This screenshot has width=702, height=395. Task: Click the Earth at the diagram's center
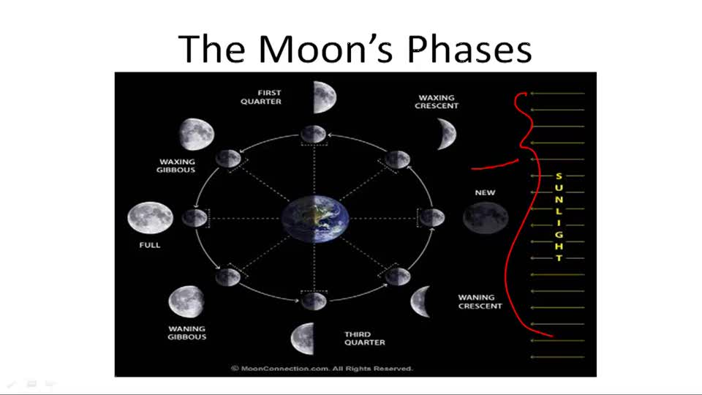pyautogui.click(x=315, y=217)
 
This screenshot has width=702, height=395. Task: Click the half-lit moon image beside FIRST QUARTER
pyautogui.click(x=324, y=97)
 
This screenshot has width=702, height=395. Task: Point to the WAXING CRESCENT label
pyautogui.click(x=438, y=102)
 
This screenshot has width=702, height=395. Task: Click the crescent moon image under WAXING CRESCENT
pyautogui.click(x=446, y=133)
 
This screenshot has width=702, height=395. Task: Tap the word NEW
pyautogui.click(x=485, y=193)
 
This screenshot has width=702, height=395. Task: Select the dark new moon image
pyautogui.click(x=486, y=217)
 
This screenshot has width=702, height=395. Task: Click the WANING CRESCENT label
pyautogui.click(x=480, y=301)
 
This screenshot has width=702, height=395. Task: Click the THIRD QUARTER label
pyautogui.click(x=364, y=338)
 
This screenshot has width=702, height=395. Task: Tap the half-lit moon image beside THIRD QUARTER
pyautogui.click(x=303, y=338)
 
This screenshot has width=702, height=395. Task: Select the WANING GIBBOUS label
pyautogui.click(x=187, y=333)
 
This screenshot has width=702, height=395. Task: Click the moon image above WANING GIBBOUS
pyautogui.click(x=186, y=301)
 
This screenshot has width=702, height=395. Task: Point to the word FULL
pyautogui.click(x=150, y=245)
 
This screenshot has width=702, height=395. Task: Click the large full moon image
pyautogui.click(x=150, y=217)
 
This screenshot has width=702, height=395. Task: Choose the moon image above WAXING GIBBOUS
pyautogui.click(x=196, y=134)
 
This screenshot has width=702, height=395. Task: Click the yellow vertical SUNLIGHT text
pyautogui.click(x=559, y=217)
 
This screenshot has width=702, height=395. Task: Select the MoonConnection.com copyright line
pyautogui.click(x=322, y=369)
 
